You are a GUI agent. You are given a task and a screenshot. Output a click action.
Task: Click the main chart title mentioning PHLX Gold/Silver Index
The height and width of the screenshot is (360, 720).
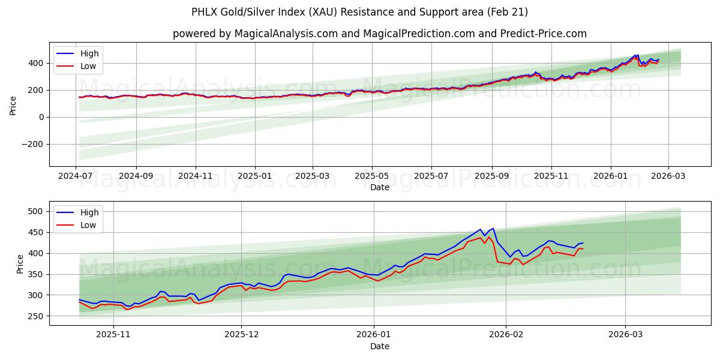359,12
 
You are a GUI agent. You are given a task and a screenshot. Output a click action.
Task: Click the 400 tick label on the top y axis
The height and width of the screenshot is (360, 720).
37,63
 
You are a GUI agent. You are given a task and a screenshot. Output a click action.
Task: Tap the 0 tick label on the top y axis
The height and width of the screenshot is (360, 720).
41,117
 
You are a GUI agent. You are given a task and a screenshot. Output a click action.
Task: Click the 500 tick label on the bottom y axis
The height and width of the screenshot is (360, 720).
37,211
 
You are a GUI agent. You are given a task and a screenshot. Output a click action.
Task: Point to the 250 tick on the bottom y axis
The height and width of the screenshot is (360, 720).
37,316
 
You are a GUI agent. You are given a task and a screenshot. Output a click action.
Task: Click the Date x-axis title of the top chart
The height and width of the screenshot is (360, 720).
379,187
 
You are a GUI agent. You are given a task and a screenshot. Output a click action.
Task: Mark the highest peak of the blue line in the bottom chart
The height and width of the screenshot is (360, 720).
493,229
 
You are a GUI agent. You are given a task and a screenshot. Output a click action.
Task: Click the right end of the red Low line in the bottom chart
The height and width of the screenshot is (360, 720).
583,248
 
